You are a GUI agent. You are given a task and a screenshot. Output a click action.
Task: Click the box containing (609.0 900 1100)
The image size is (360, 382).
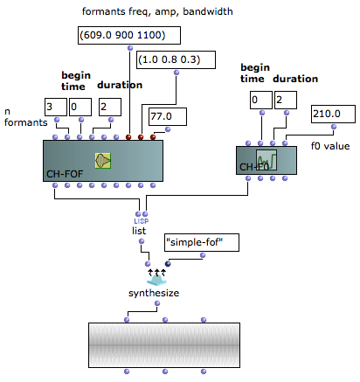pos(129,35)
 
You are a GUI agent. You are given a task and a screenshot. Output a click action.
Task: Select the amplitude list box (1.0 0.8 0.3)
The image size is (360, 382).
pos(176,59)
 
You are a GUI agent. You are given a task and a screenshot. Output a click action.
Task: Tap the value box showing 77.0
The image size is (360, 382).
pos(168,116)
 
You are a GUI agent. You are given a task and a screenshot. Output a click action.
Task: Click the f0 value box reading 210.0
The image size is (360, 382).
pos(333,114)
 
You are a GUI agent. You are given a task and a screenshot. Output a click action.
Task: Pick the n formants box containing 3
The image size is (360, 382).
pos(56,107)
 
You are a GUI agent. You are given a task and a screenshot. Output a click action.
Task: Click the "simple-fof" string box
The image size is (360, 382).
pos(202,242)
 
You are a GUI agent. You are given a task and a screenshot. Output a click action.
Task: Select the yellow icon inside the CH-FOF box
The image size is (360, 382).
pos(103,161)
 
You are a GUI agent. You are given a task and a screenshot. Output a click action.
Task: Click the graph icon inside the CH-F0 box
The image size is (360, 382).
pos(267,160)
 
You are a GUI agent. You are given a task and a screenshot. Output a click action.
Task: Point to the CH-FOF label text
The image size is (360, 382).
pos(65,174)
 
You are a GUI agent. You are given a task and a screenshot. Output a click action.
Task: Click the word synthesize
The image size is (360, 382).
pos(154,293)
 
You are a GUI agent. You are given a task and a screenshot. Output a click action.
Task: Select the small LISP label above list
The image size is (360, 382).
pos(142,221)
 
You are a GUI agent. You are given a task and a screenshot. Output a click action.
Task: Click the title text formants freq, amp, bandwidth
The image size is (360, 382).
pos(157,11)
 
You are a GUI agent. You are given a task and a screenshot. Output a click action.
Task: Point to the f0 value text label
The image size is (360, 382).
pos(330,146)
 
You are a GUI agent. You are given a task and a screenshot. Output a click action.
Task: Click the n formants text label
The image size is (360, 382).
pos(25,117)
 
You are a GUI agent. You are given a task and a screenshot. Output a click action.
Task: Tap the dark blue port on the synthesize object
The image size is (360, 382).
pos(168,264)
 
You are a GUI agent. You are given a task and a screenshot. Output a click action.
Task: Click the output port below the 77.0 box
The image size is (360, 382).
pos(168,129)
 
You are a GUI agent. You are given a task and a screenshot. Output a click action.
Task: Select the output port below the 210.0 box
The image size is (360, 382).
pos(334,127)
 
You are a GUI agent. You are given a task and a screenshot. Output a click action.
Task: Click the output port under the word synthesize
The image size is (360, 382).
pos(157,303)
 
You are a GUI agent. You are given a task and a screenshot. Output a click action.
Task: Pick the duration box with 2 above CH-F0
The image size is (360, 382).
pos(286,100)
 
